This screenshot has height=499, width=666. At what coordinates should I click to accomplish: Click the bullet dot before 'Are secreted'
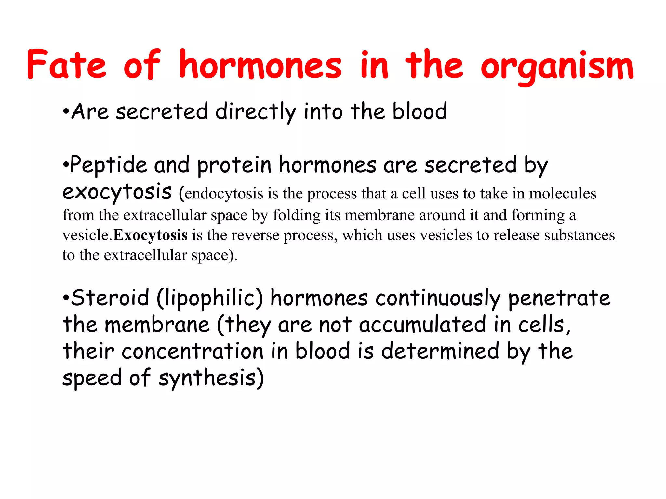point(66,112)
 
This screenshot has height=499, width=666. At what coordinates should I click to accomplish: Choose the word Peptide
point(108,165)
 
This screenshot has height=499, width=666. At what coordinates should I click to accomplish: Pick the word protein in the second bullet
point(234,165)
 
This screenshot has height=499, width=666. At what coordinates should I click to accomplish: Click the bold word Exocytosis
point(150,235)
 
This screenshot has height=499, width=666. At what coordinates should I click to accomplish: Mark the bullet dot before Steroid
point(66,298)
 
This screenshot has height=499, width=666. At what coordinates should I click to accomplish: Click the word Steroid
point(110,298)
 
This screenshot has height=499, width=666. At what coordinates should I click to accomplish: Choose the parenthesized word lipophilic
point(210,298)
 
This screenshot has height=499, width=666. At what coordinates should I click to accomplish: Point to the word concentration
point(193,352)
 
